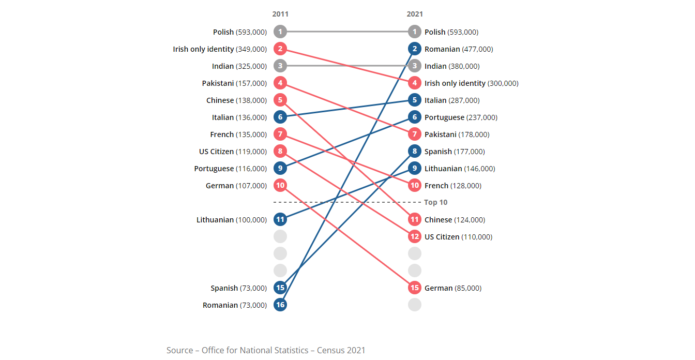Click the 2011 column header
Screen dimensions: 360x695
[280, 14]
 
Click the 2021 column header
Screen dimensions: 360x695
[415, 14]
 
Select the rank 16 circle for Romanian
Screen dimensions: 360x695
[280, 305]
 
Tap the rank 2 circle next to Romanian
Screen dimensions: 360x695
[415, 49]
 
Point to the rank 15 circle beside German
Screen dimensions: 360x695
[415, 288]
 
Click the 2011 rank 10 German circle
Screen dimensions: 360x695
[280, 185]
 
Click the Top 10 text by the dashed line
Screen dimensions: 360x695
[435, 202]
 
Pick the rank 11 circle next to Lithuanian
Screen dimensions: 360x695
[280, 219]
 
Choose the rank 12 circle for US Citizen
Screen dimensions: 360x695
[415, 236]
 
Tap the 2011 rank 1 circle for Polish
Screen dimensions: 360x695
[280, 32]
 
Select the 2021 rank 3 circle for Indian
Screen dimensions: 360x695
[415, 66]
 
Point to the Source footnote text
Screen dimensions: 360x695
[266, 350]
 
